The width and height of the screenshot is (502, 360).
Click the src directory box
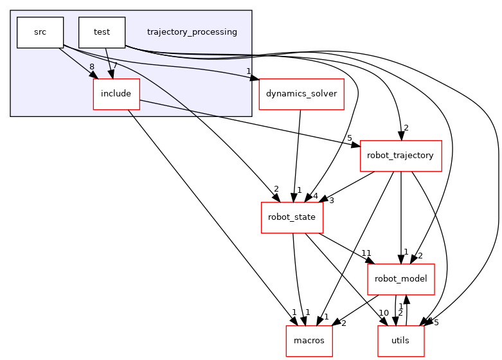40,32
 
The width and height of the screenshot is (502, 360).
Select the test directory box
102,32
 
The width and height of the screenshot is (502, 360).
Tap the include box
116,94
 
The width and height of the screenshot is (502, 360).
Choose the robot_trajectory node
400,156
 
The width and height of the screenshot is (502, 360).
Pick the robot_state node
291,217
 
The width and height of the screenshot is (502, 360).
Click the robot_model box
400,279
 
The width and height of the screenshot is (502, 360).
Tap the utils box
400,341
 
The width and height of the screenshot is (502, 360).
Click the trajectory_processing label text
192,32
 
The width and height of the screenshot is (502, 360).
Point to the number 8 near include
92,66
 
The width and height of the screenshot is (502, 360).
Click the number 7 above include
115,66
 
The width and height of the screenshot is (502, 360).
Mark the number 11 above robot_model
367,253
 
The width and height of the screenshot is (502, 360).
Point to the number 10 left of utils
384,313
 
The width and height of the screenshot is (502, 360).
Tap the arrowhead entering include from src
95,75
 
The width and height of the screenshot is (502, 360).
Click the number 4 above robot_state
316,196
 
